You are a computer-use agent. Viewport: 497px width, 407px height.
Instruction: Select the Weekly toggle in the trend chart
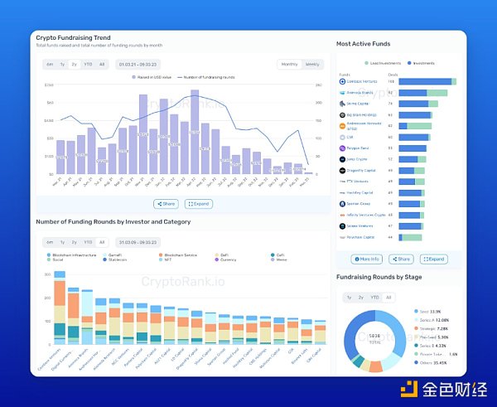point(311,64)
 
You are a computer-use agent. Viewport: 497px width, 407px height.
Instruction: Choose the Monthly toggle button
point(290,64)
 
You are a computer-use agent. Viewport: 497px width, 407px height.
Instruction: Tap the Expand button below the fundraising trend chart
point(199,203)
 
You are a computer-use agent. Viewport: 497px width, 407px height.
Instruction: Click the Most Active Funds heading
point(364,43)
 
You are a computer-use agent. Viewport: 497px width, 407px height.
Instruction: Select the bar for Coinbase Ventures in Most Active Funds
point(427,81)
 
